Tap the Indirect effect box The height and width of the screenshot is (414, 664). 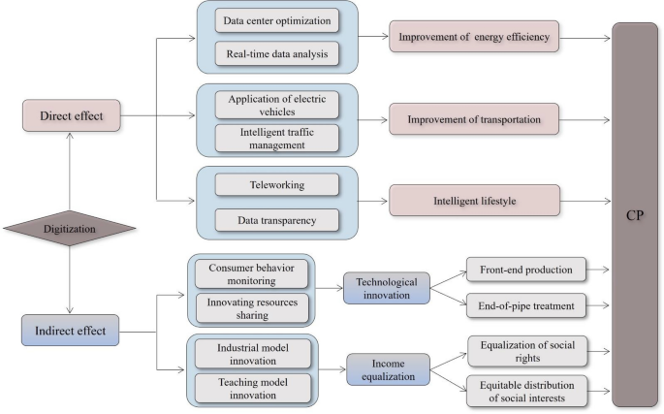point(67,330)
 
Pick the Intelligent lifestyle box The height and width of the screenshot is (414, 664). point(474,200)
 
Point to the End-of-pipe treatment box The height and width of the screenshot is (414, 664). point(525,305)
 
